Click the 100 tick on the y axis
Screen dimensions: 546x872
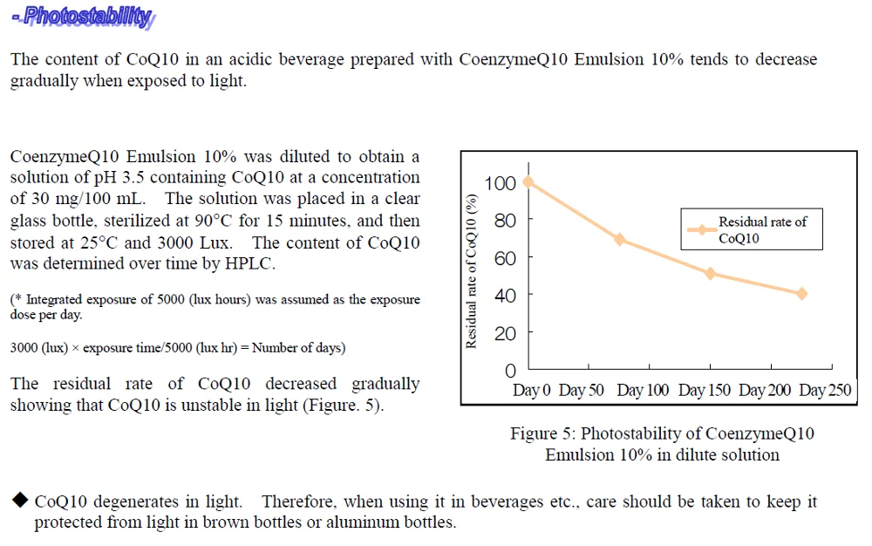(x=506, y=183)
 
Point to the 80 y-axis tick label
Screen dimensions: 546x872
(x=506, y=221)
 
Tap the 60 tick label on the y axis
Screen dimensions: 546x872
(x=506, y=258)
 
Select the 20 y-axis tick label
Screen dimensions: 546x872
(x=506, y=333)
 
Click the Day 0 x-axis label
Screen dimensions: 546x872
(x=532, y=390)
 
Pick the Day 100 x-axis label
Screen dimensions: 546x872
(x=643, y=390)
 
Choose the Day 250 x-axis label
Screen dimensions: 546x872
(x=825, y=390)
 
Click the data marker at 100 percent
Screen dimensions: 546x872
(x=528, y=182)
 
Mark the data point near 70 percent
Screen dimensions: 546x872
(x=620, y=239)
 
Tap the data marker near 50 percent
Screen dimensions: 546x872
(x=711, y=273)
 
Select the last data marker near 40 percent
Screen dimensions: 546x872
(x=801, y=294)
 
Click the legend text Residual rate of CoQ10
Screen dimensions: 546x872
(x=762, y=230)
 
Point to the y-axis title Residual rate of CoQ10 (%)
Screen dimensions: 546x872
(x=472, y=271)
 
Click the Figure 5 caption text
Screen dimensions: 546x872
(x=662, y=444)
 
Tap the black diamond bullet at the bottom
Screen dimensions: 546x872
(x=19, y=501)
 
